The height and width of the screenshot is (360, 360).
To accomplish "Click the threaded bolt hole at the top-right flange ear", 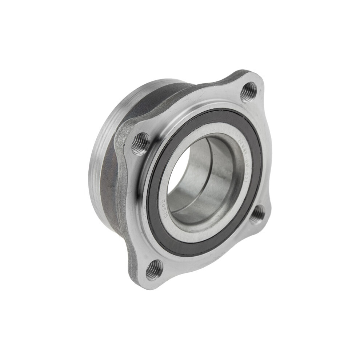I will point(248,91).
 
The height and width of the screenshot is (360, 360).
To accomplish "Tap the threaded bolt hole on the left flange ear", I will point(140,143).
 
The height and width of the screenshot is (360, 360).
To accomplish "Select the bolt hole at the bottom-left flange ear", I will point(154,269).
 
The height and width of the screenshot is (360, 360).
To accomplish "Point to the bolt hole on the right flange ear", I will point(257,214).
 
